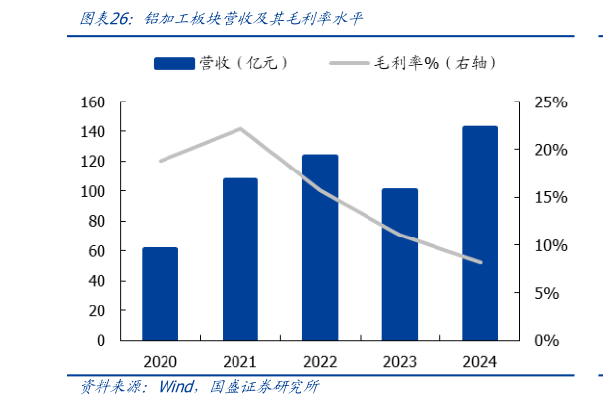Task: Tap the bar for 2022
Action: coord(320,247)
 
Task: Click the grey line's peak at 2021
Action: coord(240,128)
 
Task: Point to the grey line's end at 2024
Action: coord(480,262)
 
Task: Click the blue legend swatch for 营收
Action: coord(172,64)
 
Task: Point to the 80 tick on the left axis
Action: coord(95,221)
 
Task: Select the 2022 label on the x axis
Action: coord(320,361)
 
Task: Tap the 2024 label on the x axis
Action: coord(480,361)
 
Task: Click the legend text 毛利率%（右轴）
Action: coord(435,64)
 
